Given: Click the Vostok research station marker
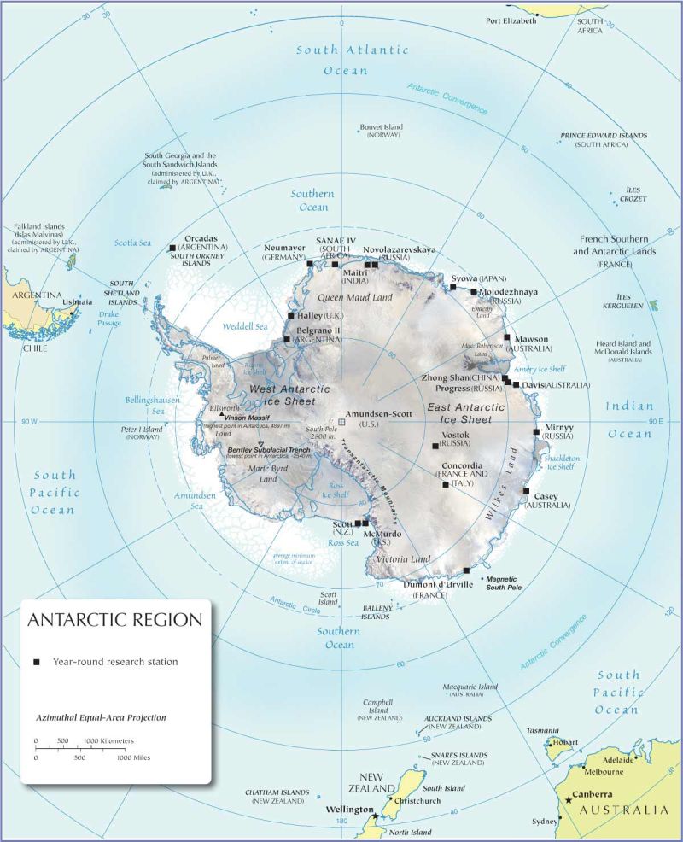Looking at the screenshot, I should coord(435,447).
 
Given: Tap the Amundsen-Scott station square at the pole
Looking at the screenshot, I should coord(341,422).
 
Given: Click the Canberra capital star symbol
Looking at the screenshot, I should coord(568,800).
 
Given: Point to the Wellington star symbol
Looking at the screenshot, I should coord(374,817).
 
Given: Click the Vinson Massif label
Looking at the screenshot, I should coord(246,417).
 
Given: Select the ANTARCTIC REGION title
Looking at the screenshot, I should coord(114,620).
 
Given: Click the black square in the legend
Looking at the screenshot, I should coord(36,662).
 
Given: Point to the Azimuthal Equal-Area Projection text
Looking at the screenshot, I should coord(101,718).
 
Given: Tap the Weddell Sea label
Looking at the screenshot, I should coord(245,326).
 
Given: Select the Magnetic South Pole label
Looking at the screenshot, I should coord(505,583).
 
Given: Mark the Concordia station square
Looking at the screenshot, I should coord(445,485).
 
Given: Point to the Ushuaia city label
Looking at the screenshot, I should coord(76,301).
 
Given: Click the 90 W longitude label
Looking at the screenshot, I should coord(31,422).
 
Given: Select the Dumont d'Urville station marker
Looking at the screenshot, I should coord(466,570).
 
